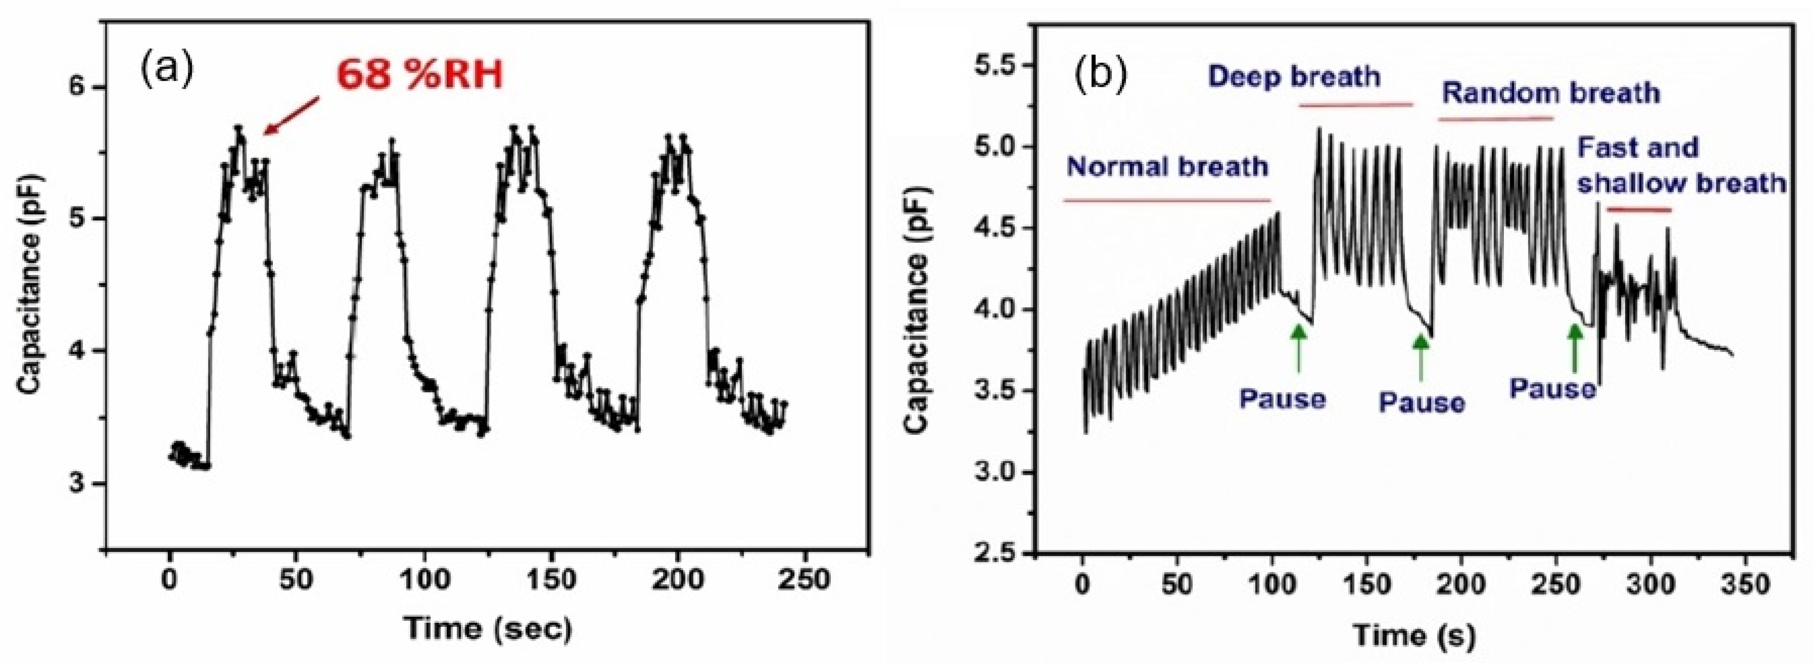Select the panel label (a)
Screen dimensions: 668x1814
[x=166, y=71]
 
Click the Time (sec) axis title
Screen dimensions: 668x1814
[x=487, y=628]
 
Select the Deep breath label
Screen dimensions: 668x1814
[x=1294, y=76]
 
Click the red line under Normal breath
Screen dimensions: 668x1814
[x=1167, y=201]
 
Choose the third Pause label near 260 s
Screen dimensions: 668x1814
[x=1552, y=388]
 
